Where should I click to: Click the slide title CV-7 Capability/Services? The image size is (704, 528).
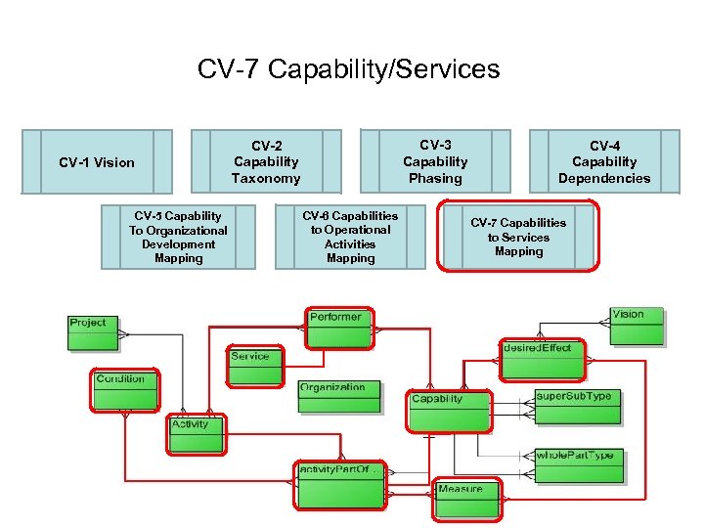pyautogui.click(x=348, y=69)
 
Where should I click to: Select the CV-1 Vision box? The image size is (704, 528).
pyautogui.click(x=97, y=161)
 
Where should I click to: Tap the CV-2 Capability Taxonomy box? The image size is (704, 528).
pyautogui.click(x=265, y=161)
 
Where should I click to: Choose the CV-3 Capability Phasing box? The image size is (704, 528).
pyautogui.click(x=435, y=160)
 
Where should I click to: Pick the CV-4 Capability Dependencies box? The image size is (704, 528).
pyautogui.click(x=603, y=161)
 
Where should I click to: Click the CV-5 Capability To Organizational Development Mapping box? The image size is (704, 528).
pyautogui.click(x=178, y=237)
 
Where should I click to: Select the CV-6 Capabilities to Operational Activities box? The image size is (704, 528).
pyautogui.click(x=350, y=237)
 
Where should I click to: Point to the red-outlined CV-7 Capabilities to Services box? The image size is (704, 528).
pyautogui.click(x=518, y=237)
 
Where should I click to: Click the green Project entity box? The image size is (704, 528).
pyautogui.click(x=92, y=333)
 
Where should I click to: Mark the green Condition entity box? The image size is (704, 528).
pyautogui.click(x=125, y=391)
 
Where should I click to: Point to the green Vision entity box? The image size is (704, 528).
pyautogui.click(x=636, y=327)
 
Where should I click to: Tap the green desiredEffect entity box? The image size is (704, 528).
pyautogui.click(x=542, y=360)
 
